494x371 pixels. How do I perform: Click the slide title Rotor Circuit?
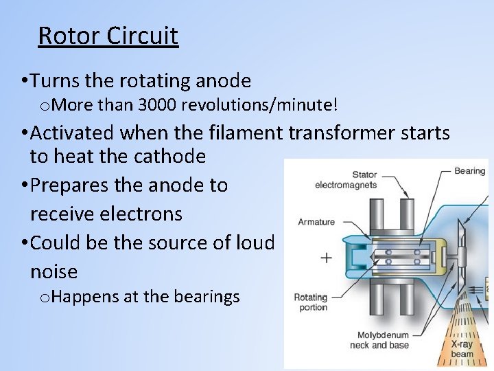point(108,35)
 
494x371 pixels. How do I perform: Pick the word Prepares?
point(74,185)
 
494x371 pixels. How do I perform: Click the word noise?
point(54,272)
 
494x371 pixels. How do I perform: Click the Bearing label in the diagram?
point(469,170)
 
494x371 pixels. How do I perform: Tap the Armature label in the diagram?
point(316,222)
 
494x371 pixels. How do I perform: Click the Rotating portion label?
point(311,302)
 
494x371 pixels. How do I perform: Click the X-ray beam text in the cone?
point(462,349)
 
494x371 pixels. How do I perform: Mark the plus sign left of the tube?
point(326,258)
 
